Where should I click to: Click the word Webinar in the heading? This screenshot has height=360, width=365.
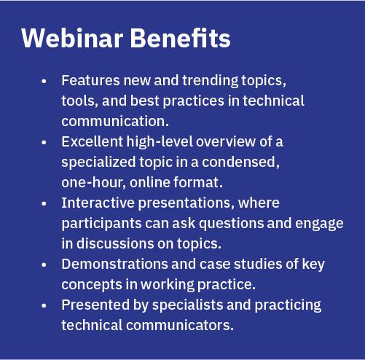coord(72,38)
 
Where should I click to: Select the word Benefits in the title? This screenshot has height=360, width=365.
coord(181,38)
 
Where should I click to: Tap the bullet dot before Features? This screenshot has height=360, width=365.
coord(44,81)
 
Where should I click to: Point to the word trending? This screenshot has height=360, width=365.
coord(211,81)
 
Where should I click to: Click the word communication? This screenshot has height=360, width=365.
coord(115,121)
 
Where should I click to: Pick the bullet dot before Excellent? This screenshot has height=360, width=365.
coord(44,142)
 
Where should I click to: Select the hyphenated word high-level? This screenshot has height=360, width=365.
coord(160,142)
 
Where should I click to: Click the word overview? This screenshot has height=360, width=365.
coord(226,142)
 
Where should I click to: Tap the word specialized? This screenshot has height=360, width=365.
coord(98,163)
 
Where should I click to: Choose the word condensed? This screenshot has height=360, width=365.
coord(240,162)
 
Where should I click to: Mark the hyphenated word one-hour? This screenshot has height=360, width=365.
coord(93,182)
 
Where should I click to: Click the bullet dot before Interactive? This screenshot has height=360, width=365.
coord(44,203)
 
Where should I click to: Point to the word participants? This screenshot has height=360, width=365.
coord(101,224)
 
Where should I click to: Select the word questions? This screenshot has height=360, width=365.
coord(232,224)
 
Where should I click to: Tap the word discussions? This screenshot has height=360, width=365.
coord(115,243)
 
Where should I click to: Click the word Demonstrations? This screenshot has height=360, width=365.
coord(114,264)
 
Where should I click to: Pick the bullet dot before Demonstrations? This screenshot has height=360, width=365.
coord(44,265)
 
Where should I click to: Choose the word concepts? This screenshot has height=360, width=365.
coord(92,285)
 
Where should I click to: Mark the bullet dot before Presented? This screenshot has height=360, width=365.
coord(44,305)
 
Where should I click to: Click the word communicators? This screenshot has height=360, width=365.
coord(180,325)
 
